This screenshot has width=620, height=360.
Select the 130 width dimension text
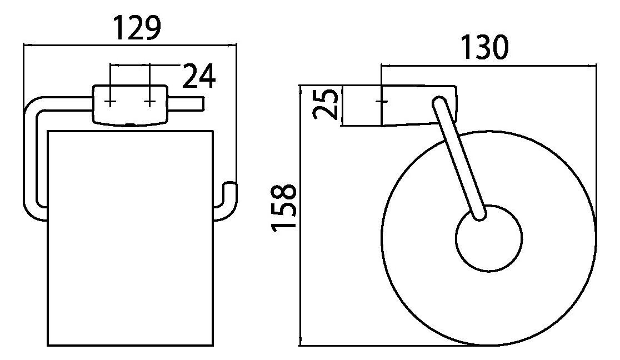click(x=485, y=47)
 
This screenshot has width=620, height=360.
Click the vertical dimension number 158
click(x=283, y=206)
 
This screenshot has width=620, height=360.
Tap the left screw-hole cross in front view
click(x=111, y=102)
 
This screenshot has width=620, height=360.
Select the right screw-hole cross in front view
click(x=149, y=102)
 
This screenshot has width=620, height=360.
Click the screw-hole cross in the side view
click(x=382, y=102)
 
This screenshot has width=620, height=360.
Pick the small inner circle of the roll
click(x=489, y=238)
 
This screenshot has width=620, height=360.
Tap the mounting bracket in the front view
click(x=129, y=105)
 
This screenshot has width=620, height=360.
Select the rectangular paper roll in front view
click(x=131, y=238)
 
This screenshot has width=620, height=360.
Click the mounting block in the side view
click(x=419, y=105)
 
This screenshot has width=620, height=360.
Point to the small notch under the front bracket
click(x=129, y=126)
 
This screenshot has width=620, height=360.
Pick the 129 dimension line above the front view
click(x=129, y=45)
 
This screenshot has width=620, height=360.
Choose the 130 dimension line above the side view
click(x=489, y=64)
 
